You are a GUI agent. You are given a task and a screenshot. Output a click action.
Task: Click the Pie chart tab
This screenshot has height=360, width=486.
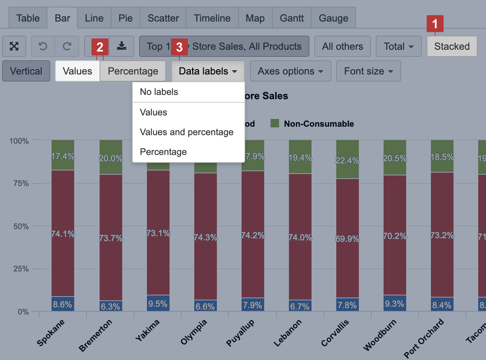point(125,18)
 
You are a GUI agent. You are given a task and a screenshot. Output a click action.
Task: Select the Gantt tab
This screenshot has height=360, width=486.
point(291,18)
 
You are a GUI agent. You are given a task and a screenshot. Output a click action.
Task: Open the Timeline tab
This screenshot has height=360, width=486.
point(212,18)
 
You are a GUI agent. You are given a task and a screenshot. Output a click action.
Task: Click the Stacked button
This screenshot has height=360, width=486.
point(452,46)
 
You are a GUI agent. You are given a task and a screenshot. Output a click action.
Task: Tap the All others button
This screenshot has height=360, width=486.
point(342,46)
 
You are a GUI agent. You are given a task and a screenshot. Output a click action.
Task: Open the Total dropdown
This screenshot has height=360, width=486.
point(398,46)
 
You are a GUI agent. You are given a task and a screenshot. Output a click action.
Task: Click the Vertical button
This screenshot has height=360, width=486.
point(26,71)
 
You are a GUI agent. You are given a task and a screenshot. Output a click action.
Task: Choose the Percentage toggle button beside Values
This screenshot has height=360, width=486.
point(133,71)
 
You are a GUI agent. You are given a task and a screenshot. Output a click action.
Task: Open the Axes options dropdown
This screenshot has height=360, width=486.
point(290,71)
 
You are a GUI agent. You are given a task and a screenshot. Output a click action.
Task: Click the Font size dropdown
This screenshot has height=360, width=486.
point(368,71)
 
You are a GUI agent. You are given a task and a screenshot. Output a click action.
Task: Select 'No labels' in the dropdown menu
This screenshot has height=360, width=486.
point(159,92)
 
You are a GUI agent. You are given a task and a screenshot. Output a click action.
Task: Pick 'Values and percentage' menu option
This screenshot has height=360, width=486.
point(186,132)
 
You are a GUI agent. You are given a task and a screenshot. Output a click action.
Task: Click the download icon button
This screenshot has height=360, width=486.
point(121,46)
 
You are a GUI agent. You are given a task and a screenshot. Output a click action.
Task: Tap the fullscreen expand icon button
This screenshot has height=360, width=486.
point(14,46)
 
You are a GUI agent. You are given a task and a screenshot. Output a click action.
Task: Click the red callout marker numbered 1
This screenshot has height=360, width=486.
point(435,24)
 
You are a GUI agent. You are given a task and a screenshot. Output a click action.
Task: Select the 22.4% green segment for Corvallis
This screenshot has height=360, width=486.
point(347,160)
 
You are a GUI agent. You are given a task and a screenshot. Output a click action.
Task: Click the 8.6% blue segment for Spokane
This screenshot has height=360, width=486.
point(63,304)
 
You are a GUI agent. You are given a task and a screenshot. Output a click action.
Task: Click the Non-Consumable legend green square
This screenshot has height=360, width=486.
point(275,123)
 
